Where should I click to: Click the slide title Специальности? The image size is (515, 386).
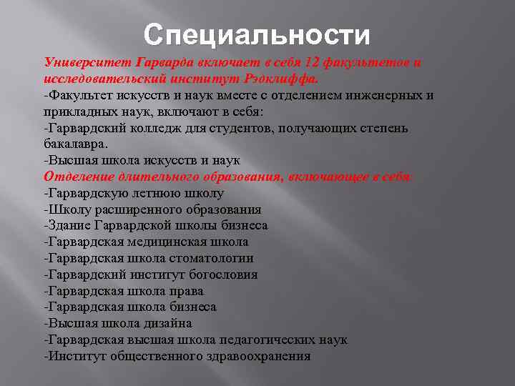tap(257, 35)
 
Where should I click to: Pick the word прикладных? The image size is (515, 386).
tap(77, 112)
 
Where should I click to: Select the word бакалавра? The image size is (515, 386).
tap(74, 144)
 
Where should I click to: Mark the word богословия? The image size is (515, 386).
tap(221, 274)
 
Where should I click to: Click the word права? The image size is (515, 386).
tap(187, 291)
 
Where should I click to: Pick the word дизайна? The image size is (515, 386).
tap(167, 323)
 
